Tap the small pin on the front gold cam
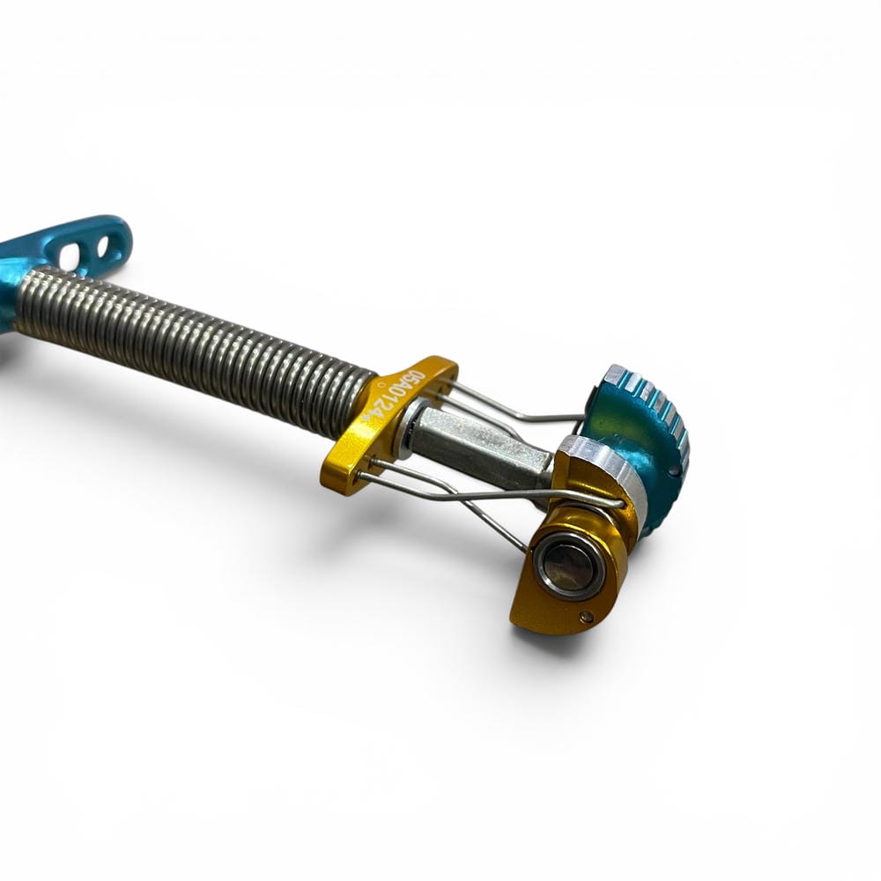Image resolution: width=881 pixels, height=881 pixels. [587, 617]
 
